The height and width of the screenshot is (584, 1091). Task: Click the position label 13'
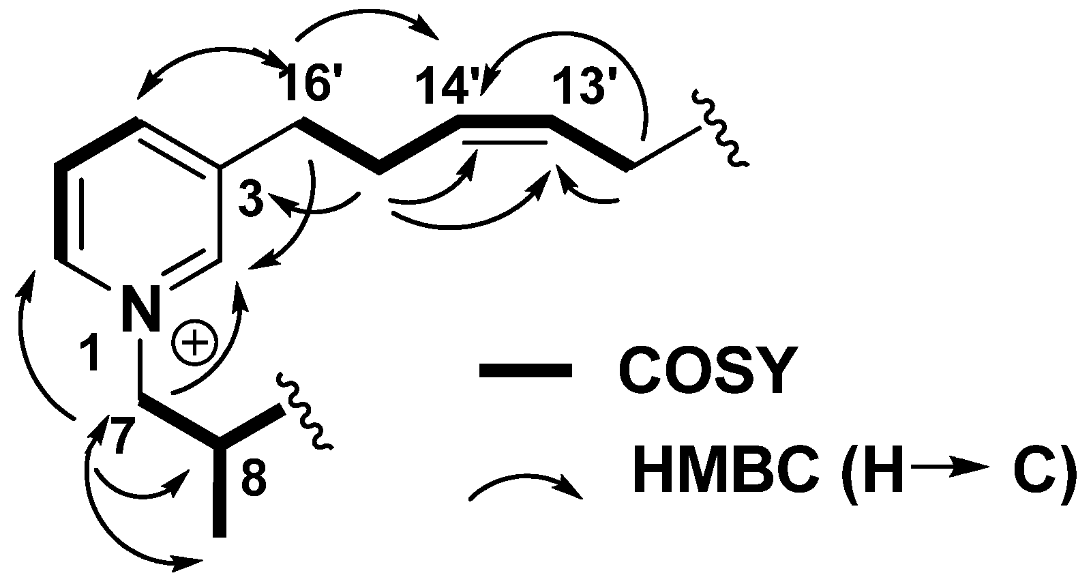580,86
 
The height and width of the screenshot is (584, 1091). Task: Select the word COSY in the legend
706,372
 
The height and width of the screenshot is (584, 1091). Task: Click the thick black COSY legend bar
525,371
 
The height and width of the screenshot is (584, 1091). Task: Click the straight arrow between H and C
948,467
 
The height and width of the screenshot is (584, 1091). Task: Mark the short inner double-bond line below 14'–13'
505,143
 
